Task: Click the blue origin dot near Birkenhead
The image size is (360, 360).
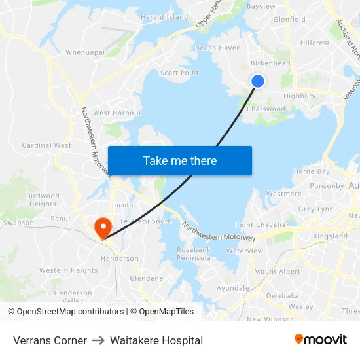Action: pyautogui.click(x=258, y=81)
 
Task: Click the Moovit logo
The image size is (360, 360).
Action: pyautogui.click(x=320, y=340)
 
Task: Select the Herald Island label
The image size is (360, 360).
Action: pyautogui.click(x=164, y=17)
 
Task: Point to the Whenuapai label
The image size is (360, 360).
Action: pyautogui.click(x=85, y=52)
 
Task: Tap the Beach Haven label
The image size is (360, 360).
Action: pyautogui.click(x=218, y=48)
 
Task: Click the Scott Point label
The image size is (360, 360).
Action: pyautogui.click(x=179, y=73)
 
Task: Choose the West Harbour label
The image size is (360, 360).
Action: pyautogui.click(x=117, y=113)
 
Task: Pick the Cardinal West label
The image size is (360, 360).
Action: pyautogui.click(x=46, y=145)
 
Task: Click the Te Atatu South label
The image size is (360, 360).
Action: pyautogui.click(x=146, y=221)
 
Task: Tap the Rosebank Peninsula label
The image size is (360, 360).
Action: pyautogui.click(x=194, y=254)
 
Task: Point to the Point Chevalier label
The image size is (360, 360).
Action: pyautogui.click(x=262, y=225)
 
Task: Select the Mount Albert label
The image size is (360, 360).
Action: pyautogui.click(x=277, y=271)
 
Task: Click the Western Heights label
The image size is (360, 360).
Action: pyautogui.click(x=68, y=270)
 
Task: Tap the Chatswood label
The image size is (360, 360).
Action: pyautogui.click(x=266, y=109)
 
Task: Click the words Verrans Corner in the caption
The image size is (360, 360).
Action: pyautogui.click(x=50, y=340)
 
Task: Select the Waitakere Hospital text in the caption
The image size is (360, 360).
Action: pyautogui.click(x=156, y=340)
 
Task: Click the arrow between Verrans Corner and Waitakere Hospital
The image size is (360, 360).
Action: pyautogui.click(x=98, y=340)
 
